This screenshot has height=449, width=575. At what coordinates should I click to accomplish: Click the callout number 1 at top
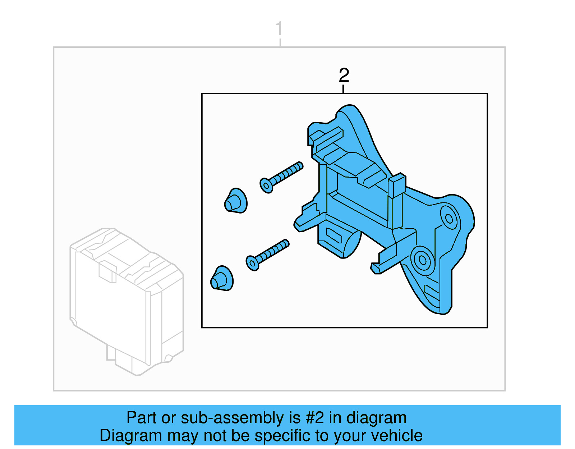click(x=279, y=28)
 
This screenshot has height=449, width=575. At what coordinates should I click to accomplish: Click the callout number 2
click(x=344, y=75)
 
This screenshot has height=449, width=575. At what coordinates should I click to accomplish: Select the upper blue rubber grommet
click(x=236, y=201)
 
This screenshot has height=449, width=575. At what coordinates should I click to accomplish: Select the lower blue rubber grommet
click(x=222, y=279)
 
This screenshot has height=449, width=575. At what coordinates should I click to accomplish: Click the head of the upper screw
click(x=266, y=185)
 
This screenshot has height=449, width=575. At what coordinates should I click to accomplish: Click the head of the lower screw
click(x=252, y=262)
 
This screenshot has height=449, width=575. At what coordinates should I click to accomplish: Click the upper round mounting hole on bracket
click(x=449, y=218)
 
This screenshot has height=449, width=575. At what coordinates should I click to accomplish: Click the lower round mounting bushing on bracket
click(x=423, y=260)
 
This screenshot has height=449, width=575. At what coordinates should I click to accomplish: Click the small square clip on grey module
click(x=107, y=272)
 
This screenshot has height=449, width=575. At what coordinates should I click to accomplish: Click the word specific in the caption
click(x=284, y=436)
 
